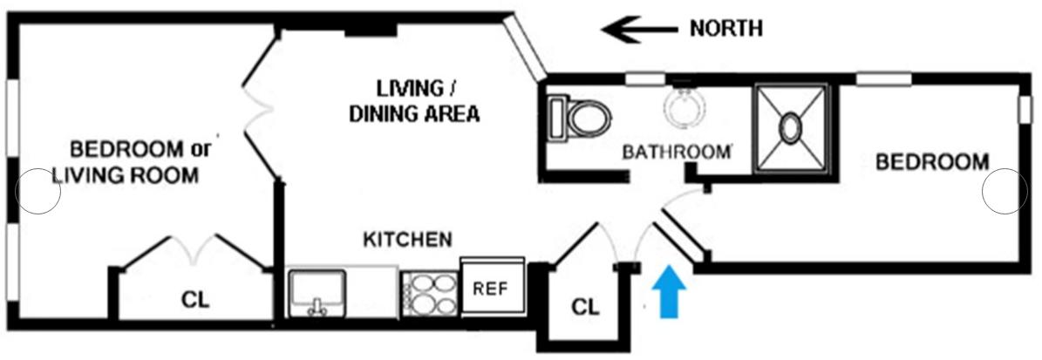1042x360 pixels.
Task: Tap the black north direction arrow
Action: point(639,30)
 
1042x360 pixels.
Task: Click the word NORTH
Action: point(725,29)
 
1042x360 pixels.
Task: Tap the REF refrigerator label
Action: point(490,289)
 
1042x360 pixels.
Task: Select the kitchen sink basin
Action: point(317,292)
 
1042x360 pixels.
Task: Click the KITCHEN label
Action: point(407,239)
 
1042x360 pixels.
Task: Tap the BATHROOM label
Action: point(676,152)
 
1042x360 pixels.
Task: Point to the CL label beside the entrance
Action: point(585,307)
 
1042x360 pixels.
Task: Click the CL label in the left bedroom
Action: point(195,300)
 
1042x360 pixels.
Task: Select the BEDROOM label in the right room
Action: point(931,161)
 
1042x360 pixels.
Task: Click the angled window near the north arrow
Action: point(524,47)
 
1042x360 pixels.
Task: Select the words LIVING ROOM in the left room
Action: point(125,176)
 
